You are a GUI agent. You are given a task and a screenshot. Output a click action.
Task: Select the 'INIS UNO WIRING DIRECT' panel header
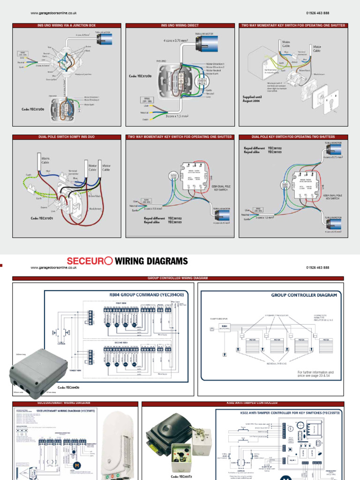180,25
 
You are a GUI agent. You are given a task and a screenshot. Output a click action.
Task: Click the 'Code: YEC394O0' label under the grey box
68,388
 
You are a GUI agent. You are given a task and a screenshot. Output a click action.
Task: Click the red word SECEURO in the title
90,261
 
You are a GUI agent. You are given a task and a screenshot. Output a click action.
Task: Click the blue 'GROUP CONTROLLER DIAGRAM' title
304,295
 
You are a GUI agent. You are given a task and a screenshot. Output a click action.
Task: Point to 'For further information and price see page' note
315,374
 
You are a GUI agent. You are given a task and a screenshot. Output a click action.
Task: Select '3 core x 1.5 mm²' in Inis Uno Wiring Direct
176,116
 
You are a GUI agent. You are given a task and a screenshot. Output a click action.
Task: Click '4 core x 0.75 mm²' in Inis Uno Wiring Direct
176,41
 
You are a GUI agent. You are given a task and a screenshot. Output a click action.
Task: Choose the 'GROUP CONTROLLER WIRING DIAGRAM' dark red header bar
180,277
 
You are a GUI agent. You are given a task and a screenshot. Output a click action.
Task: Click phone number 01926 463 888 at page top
317,14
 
